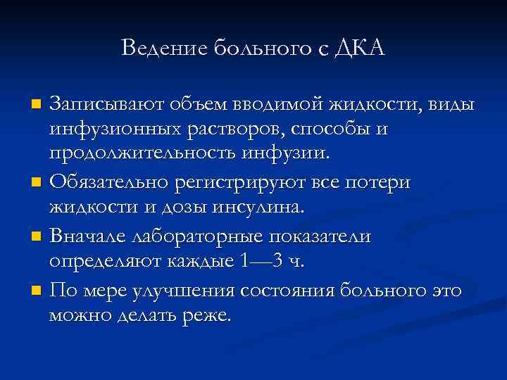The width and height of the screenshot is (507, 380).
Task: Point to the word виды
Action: click(x=451, y=105)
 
